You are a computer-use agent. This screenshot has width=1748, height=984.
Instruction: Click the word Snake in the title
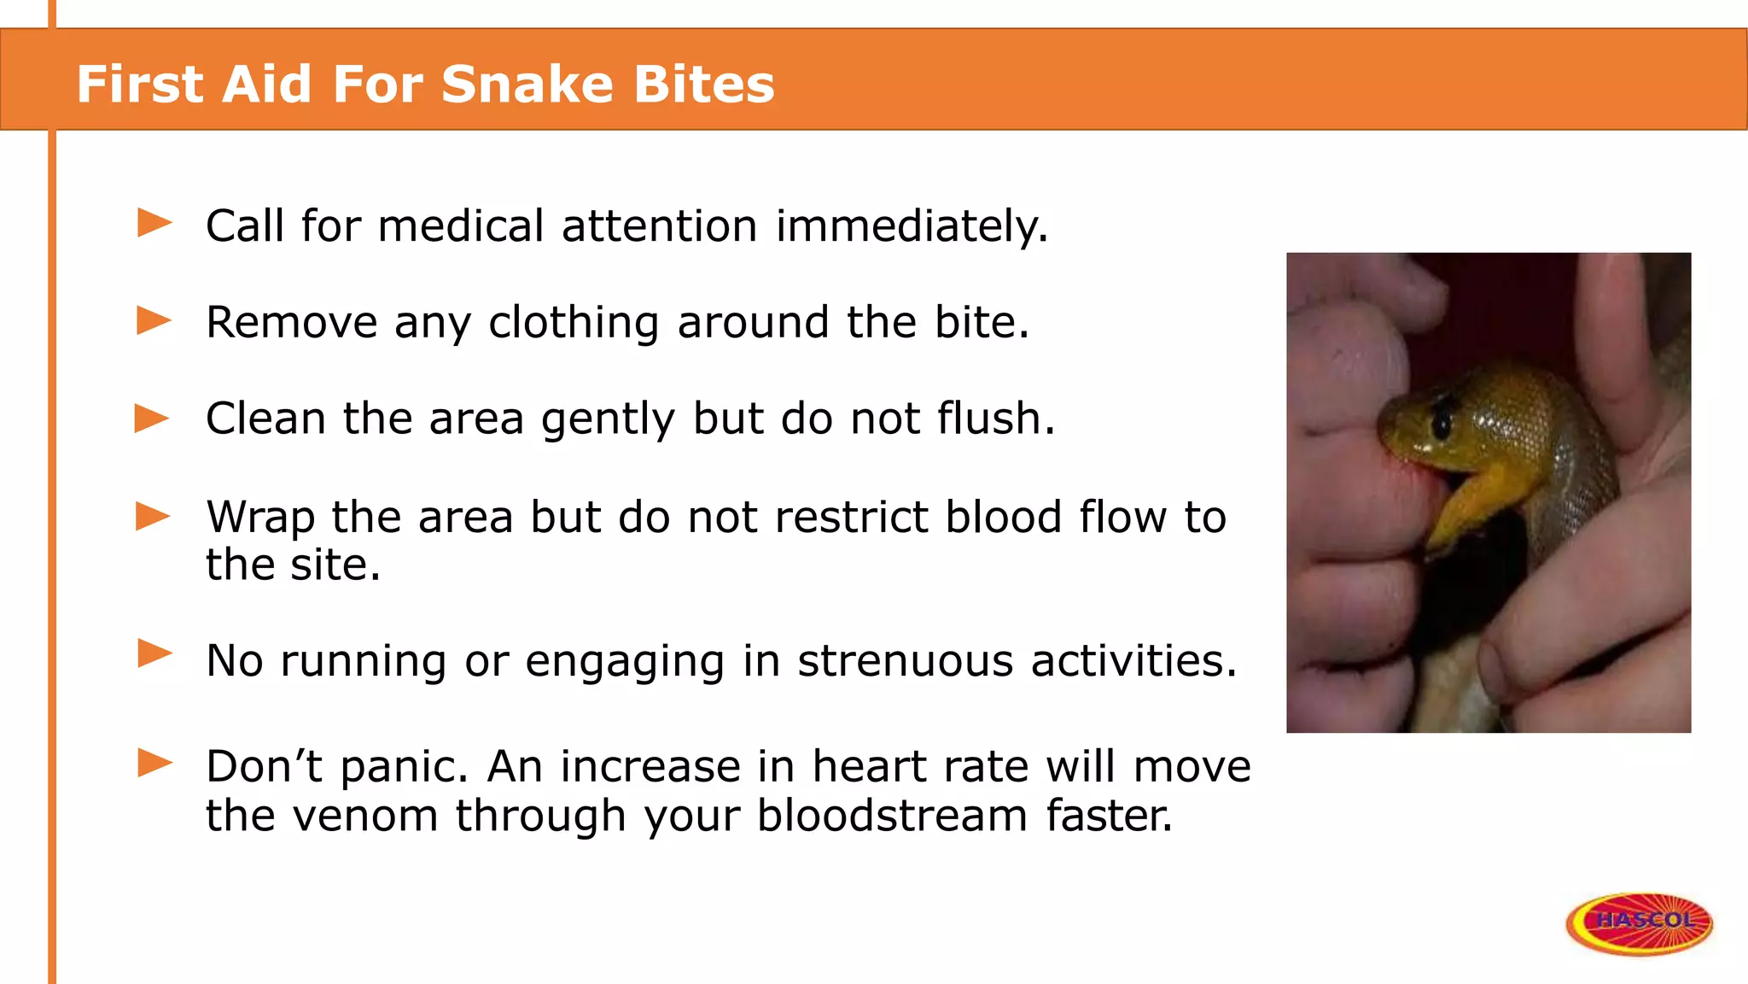pyautogui.click(x=526, y=84)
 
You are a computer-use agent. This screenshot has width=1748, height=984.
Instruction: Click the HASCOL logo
pyautogui.click(x=1639, y=922)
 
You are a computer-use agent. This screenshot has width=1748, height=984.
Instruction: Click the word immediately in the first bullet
pyautogui.click(x=911, y=227)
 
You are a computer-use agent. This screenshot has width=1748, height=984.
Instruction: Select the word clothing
pyautogui.click(x=573, y=324)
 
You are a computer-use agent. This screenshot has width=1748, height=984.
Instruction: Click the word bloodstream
pyautogui.click(x=892, y=816)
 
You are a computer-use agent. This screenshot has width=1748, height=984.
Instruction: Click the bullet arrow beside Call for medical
pyautogui.click(x=154, y=223)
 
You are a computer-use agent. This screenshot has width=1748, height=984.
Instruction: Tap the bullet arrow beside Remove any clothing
pyautogui.click(x=154, y=321)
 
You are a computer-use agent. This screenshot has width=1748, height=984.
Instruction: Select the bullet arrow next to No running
pyautogui.click(x=154, y=653)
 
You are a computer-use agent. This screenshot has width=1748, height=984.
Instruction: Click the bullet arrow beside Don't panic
pyautogui.click(x=154, y=763)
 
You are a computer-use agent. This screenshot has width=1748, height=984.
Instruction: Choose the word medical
pyautogui.click(x=461, y=227)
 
